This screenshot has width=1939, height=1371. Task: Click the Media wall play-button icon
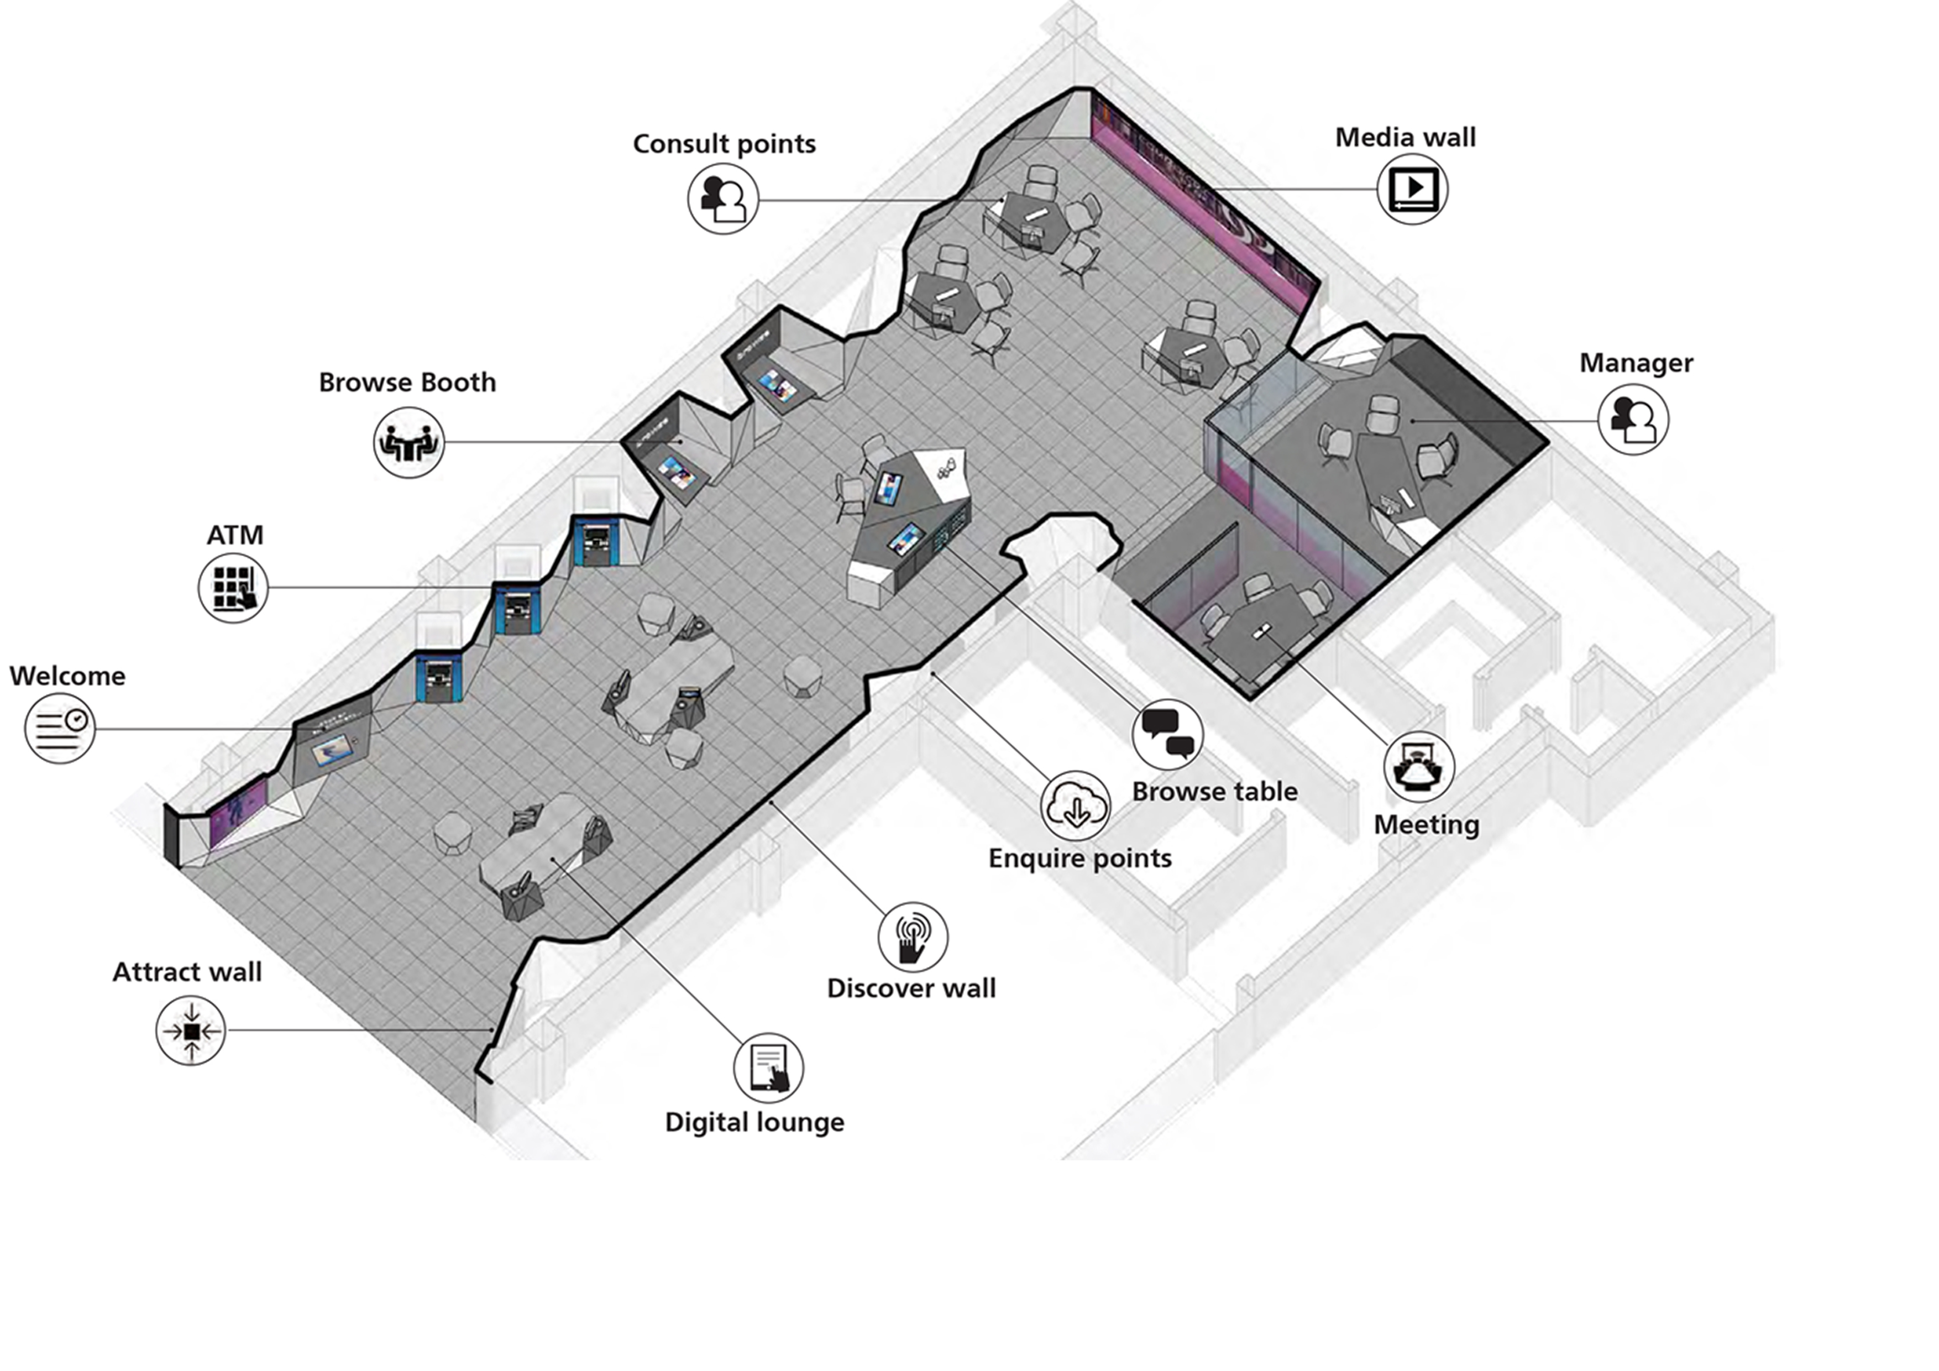pyautogui.click(x=1413, y=189)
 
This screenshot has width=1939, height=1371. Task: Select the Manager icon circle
pyautogui.click(x=1633, y=420)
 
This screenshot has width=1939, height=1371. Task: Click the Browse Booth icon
pyautogui.click(x=408, y=442)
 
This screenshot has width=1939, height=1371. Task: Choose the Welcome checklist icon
pyautogui.click(x=60, y=728)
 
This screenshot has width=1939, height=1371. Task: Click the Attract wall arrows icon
pyautogui.click(x=191, y=1030)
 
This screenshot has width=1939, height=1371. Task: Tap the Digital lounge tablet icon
pyautogui.click(x=768, y=1068)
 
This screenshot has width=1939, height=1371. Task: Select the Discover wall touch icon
pyautogui.click(x=913, y=937)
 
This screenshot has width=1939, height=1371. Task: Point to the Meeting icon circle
pyautogui.click(x=1419, y=767)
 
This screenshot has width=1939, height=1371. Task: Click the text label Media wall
pyautogui.click(x=1405, y=137)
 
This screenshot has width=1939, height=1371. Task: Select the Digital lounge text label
pyautogui.click(x=755, y=1123)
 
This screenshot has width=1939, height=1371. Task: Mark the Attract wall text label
pyautogui.click(x=187, y=972)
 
